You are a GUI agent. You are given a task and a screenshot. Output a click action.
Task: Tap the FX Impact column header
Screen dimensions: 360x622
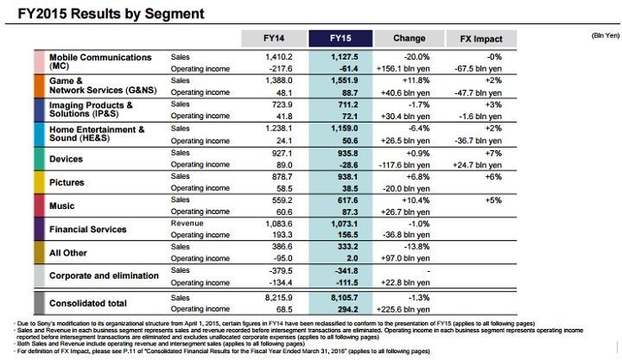click(481, 38)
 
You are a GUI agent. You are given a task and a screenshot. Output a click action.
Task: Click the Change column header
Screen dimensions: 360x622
click(409, 38)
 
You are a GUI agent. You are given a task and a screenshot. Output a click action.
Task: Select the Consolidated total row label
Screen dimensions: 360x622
click(88, 303)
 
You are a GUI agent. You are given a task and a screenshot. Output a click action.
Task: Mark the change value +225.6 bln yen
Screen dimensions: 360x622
click(409, 308)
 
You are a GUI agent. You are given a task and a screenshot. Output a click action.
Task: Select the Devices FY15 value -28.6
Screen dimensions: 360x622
click(347, 163)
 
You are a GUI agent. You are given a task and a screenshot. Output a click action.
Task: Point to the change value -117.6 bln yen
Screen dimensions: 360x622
click(409, 163)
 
